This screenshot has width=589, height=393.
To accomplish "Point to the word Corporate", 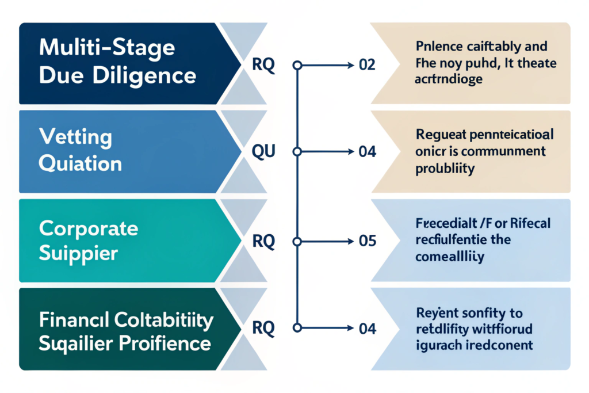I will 89,228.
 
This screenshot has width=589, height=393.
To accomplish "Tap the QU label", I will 264,152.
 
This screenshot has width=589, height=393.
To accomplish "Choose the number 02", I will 366,65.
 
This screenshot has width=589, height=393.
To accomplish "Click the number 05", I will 367,241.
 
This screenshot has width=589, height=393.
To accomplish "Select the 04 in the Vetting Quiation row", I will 367,152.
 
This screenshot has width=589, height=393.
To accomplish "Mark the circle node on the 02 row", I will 297,65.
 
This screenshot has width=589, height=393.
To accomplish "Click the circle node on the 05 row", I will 297,241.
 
